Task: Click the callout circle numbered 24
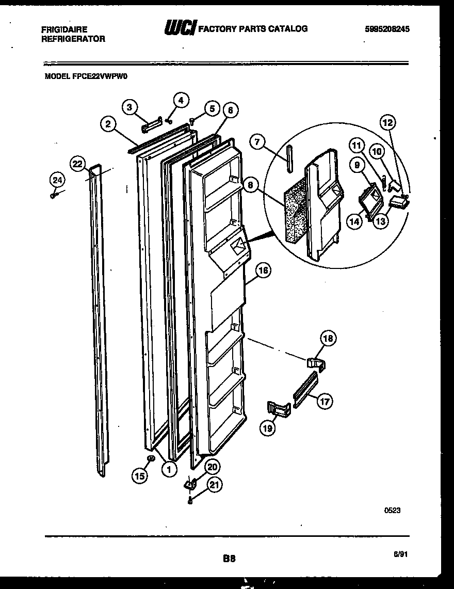coord(57,180)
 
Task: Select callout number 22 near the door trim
coord(77,164)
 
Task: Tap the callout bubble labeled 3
coord(130,107)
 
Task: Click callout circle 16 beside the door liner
coord(263,270)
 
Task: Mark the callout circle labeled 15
coord(139,476)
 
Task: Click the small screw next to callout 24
coord(54,195)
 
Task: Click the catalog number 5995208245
coord(387,29)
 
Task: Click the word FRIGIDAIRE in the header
coord(64,29)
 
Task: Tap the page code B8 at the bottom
coord(229,558)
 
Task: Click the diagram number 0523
coord(392,510)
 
